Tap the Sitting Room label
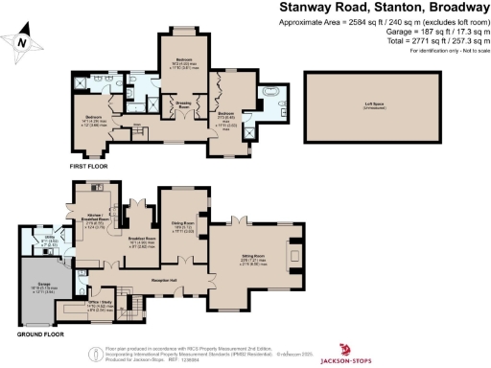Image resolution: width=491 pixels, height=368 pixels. point(252,257)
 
